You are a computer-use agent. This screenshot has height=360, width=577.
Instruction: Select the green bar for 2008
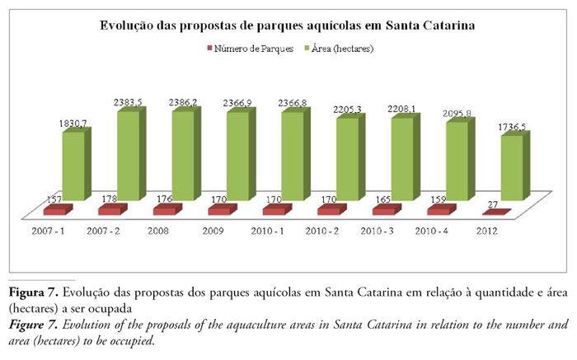[182, 155]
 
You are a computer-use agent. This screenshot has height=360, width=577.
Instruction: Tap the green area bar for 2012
[511, 168]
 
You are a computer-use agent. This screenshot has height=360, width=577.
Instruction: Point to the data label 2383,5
[128, 102]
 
